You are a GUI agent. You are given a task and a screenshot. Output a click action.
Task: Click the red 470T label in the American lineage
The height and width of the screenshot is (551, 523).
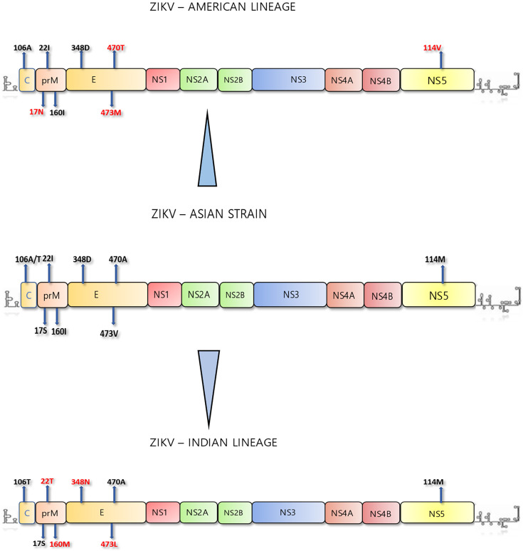115,48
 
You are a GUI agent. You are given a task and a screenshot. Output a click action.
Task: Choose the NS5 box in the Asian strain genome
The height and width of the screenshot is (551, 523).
439,294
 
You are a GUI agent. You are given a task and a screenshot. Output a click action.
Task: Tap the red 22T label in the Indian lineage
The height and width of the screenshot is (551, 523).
48,482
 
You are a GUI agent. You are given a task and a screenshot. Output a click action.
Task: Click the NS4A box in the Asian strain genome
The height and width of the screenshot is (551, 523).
344,294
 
